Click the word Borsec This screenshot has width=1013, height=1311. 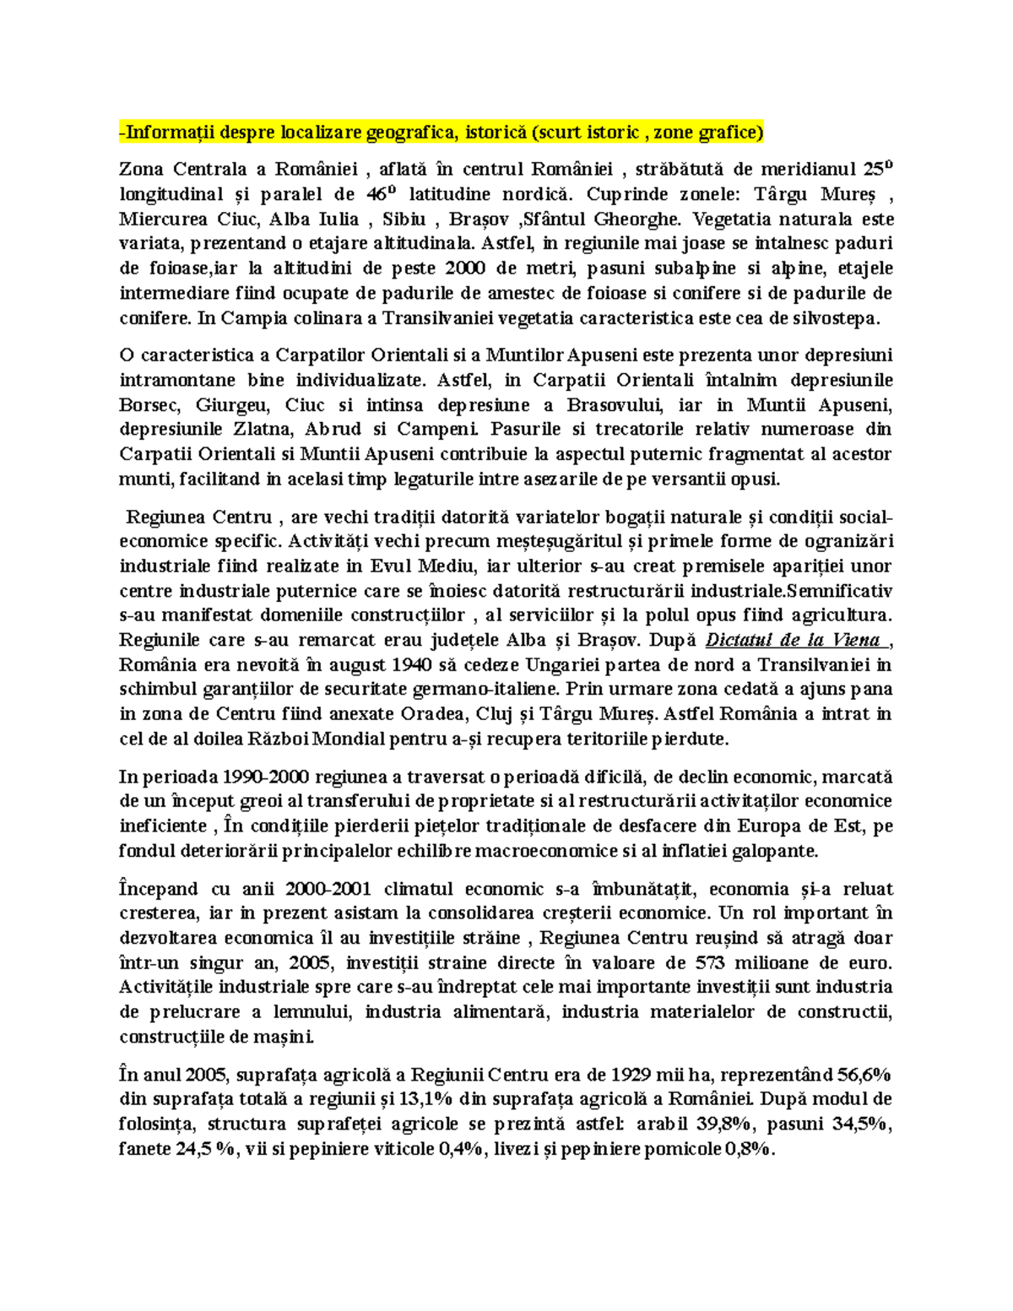click(x=148, y=404)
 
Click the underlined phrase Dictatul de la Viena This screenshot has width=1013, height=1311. click(x=793, y=640)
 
